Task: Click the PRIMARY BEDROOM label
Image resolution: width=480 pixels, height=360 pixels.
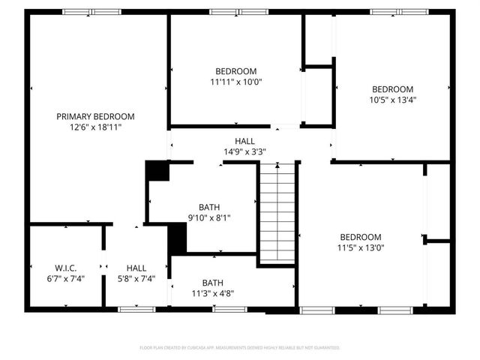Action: [x=96, y=116]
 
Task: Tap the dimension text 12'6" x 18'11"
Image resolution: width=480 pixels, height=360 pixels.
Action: [x=96, y=127]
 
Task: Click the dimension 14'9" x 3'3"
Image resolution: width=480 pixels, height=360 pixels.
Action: [x=244, y=151]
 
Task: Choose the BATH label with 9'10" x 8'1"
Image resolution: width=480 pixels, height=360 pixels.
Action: [x=209, y=207]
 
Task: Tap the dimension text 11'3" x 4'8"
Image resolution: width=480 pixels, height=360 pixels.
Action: [x=212, y=293]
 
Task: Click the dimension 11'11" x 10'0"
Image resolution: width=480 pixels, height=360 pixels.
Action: [x=236, y=82]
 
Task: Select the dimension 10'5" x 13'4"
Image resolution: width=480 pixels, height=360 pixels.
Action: [x=392, y=99]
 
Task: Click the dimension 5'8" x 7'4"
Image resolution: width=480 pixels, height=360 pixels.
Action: [x=136, y=278]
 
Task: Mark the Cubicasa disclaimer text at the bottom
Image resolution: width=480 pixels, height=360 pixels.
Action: [x=240, y=348]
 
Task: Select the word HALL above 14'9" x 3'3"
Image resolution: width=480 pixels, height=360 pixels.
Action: [x=244, y=141]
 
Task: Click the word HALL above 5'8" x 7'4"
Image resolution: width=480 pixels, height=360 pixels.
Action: [x=136, y=268]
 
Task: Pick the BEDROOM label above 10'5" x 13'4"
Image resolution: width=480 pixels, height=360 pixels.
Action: [x=392, y=88]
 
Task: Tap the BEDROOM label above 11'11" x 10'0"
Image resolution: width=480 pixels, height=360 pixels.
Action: [x=236, y=71]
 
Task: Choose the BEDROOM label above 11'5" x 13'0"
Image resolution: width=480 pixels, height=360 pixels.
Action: [x=360, y=236]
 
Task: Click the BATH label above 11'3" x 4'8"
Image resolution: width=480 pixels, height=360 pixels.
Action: [x=212, y=283]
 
